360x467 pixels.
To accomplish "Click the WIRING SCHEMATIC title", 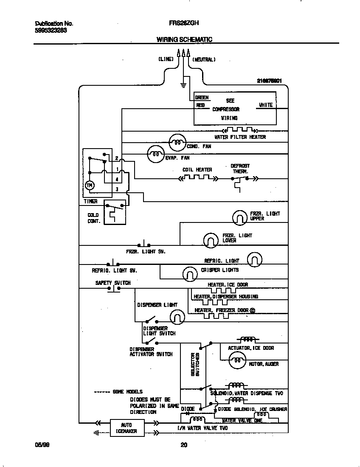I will pyautogui.click(x=184, y=39).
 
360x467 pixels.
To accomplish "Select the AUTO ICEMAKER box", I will pyautogui.click(x=127, y=428).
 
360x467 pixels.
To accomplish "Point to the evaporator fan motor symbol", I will pyautogui.click(x=155, y=154).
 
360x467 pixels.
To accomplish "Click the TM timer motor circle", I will pyautogui.click(x=90, y=186).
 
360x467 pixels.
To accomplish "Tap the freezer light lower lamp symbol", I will pyautogui.click(x=210, y=240).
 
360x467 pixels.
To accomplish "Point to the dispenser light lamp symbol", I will pyautogui.click(x=177, y=316).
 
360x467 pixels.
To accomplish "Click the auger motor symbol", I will pyautogui.click(x=237, y=361).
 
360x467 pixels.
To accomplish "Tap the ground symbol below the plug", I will pyautogui.click(x=183, y=85).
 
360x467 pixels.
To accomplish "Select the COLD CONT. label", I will pyautogui.click(x=93, y=218).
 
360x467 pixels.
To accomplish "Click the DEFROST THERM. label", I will pyautogui.click(x=240, y=169).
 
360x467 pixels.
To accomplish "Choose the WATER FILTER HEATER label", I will pyautogui.click(x=240, y=137).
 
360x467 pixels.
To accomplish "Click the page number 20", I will pyautogui.click(x=183, y=445).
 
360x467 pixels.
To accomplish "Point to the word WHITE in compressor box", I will pyautogui.click(x=266, y=105).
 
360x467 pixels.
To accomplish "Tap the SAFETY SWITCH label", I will pyautogui.click(x=113, y=283).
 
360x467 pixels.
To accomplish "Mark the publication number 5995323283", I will pyautogui.click(x=50, y=31).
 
